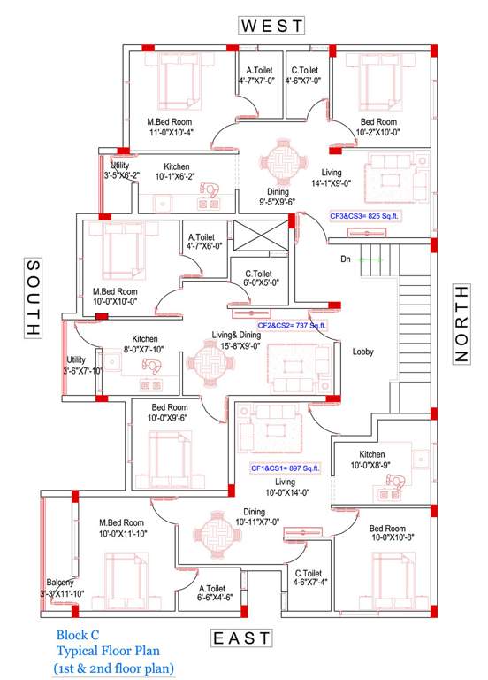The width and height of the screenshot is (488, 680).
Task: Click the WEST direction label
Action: pos(272,26)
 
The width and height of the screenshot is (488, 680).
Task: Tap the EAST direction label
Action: pos(242,639)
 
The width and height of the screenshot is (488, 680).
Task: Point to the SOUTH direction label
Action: pos(33,297)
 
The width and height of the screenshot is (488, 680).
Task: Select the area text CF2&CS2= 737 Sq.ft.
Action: pos(292,326)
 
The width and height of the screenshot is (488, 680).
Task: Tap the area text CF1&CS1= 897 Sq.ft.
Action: pos(285,467)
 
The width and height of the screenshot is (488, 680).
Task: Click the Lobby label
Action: pos(363,352)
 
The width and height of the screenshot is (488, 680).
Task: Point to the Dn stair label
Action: pos(346,259)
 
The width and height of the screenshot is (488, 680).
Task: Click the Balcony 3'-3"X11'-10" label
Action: pos(61,588)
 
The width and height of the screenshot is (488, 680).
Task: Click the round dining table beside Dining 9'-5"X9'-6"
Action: pos(282,163)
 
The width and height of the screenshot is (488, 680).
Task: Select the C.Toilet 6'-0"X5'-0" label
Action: pos(262,278)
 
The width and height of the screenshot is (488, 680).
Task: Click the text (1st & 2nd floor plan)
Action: pos(113,668)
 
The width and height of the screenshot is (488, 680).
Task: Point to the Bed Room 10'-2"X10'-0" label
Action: pos(378,127)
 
